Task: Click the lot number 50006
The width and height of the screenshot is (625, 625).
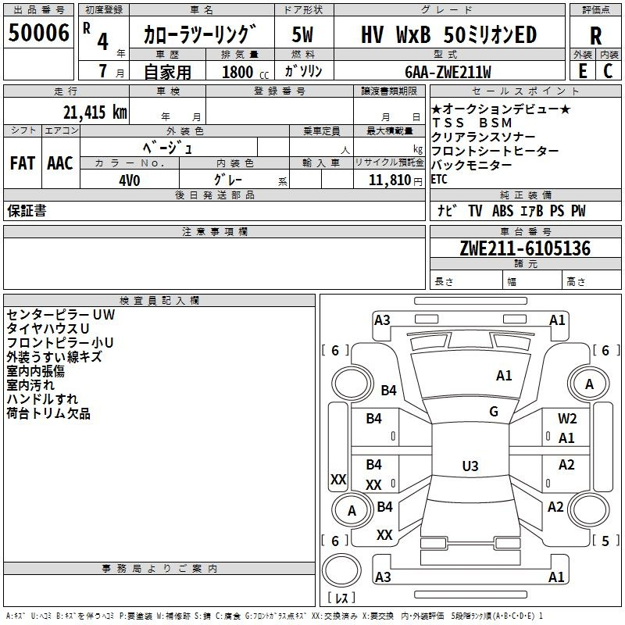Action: click(38, 33)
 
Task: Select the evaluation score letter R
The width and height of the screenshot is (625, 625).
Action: click(595, 36)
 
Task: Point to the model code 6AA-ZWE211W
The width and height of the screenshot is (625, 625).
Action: click(448, 71)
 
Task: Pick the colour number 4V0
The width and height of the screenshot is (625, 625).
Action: click(129, 179)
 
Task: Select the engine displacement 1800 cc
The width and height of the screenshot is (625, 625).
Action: click(239, 72)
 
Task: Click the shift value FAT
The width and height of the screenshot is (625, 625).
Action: click(22, 163)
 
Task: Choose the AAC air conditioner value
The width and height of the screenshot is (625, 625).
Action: click(59, 163)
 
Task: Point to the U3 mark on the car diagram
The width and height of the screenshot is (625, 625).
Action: click(470, 466)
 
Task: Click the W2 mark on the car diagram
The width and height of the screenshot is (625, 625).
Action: click(567, 419)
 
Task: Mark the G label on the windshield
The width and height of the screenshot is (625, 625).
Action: click(494, 411)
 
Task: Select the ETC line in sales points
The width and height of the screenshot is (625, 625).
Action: click(439, 179)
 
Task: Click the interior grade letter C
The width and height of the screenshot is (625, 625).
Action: click(608, 70)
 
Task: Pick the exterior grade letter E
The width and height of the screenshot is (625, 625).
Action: click(583, 70)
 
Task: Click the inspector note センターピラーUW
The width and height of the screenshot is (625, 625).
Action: click(60, 315)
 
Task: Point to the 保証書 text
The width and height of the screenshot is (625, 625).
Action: click(27, 211)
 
